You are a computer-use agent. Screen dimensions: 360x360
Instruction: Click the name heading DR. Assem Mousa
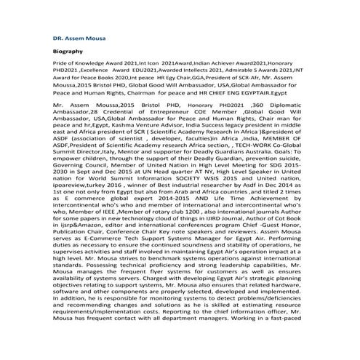point(74,36)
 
